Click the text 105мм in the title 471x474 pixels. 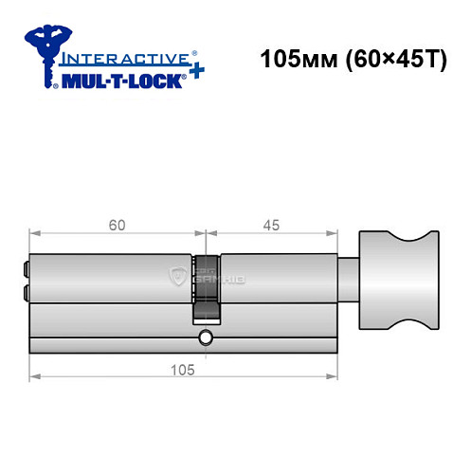tap(292, 60)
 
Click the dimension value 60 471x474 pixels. tap(117, 225)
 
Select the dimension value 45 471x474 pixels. tap(271, 225)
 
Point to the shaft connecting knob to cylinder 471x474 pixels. tap(348, 280)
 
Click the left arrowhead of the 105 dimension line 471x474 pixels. tap(33, 377)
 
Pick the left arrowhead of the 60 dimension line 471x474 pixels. tap(33, 232)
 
